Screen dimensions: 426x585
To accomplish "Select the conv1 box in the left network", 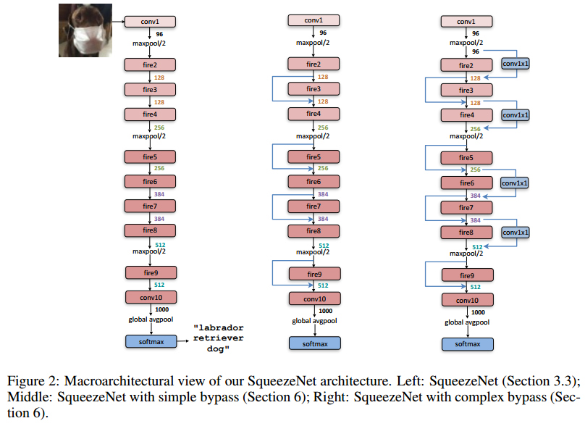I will click(150, 22).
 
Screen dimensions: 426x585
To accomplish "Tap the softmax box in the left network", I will click(150, 341).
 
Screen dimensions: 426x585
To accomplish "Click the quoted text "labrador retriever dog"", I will click(218, 339).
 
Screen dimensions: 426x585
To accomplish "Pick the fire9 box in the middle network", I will click(313, 274).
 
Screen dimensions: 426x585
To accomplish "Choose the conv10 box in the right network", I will click(467, 300).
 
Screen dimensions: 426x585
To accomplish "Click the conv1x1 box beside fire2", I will click(515, 64).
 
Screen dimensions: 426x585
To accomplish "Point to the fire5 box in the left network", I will click(150, 156).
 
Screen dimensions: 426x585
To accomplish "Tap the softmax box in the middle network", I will click(313, 343).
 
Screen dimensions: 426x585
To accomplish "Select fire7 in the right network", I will click(467, 208).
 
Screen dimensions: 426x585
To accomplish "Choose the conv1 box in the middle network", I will click(313, 22).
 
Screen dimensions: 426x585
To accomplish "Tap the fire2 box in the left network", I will click(150, 64).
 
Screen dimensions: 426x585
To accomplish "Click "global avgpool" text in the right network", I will click(467, 322).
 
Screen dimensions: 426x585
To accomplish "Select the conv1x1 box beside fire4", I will click(515, 114).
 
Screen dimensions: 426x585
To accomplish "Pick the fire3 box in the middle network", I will click(313, 89).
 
